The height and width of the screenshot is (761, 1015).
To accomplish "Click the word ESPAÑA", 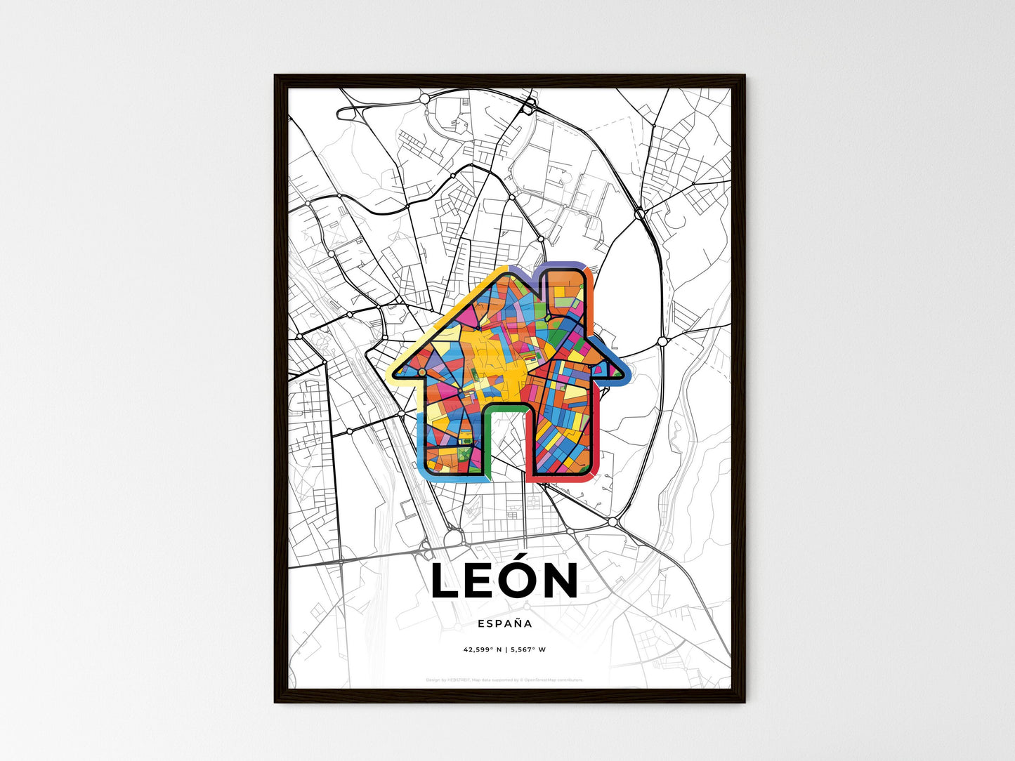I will (504, 623).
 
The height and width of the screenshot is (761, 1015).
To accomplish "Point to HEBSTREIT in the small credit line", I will (457, 680).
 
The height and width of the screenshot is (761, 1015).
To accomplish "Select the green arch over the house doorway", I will (506, 406).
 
